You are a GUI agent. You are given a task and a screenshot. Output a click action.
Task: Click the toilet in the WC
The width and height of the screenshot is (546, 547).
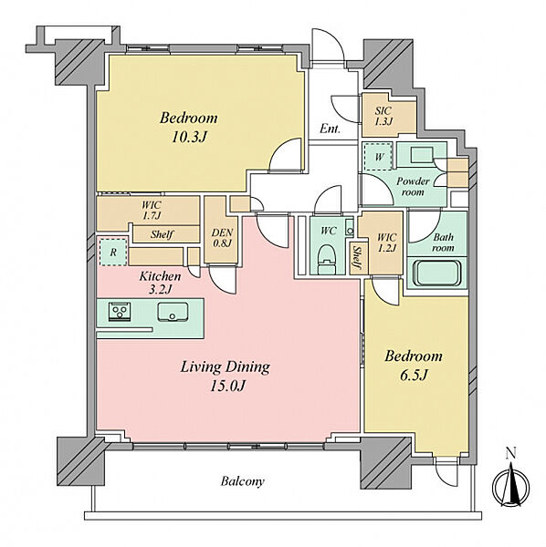pyautogui.click(x=327, y=259)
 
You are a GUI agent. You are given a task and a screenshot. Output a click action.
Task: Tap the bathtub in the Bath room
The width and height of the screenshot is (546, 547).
pyautogui.click(x=436, y=273)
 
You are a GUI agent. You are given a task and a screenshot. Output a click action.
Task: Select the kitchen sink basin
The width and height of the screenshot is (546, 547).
pyautogui.click(x=173, y=312)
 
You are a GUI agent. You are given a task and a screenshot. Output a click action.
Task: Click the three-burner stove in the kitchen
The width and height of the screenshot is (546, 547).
pyautogui.click(x=120, y=311)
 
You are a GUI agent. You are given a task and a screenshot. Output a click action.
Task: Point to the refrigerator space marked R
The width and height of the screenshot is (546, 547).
pyautogui.click(x=113, y=252)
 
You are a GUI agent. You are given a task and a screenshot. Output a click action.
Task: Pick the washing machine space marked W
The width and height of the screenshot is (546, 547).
pyautogui.click(x=379, y=157)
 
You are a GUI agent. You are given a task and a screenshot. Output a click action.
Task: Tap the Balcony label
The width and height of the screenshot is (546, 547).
pyautogui.click(x=243, y=481)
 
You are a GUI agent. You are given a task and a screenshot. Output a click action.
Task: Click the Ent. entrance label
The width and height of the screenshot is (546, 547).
pyautogui.click(x=330, y=129)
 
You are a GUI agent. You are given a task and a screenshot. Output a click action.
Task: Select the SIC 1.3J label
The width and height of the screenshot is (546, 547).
pyautogui.click(x=383, y=116)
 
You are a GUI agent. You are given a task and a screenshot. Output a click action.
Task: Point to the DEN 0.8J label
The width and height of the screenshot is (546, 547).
pyautogui.click(x=222, y=238)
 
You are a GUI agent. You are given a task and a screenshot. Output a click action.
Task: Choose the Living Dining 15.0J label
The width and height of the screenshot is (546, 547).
pyautogui.click(x=226, y=376)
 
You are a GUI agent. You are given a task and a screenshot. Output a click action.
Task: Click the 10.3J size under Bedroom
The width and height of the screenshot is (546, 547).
pyautogui.click(x=189, y=137)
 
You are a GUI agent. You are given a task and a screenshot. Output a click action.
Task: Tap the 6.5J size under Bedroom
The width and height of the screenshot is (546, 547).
pyautogui.click(x=414, y=376)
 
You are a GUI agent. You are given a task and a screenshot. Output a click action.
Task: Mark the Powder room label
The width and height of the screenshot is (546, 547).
pyautogui.click(x=413, y=187)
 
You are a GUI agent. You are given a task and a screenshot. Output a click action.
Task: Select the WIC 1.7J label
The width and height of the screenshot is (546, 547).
pyautogui.click(x=152, y=211)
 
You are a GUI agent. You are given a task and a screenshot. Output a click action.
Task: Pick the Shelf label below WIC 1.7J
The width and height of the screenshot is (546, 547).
pyautogui.click(x=162, y=234)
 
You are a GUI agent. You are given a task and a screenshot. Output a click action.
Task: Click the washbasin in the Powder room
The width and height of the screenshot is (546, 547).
pyautogui.click(x=422, y=155)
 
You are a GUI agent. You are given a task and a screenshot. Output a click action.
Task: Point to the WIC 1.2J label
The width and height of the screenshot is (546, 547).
pyautogui.click(x=387, y=243)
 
